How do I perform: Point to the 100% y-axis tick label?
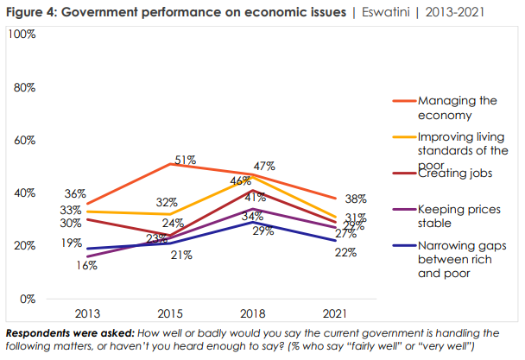tap(22, 34)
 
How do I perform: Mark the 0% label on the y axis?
tap(28, 299)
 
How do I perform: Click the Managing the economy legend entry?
tap(457, 107)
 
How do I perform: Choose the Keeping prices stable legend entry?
tap(452, 215)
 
